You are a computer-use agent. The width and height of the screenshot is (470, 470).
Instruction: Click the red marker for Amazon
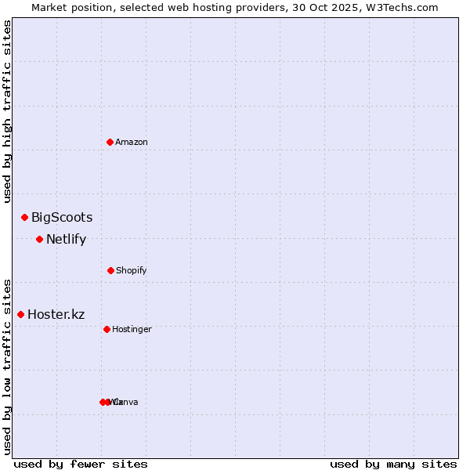(110, 142)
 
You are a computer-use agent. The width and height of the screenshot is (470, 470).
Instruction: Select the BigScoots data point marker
(24, 217)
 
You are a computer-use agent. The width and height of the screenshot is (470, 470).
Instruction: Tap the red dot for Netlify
(39, 239)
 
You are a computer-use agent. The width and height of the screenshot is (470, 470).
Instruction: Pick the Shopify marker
(110, 270)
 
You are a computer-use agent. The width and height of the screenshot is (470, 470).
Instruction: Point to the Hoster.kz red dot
(20, 314)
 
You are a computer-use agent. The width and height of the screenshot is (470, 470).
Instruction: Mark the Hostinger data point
(107, 329)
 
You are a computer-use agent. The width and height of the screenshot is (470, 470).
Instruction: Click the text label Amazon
(132, 142)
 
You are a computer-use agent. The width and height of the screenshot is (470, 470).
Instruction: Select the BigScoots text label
(62, 218)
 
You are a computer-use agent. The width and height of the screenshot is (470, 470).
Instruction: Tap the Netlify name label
(66, 240)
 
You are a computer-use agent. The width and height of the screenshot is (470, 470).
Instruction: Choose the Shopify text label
(132, 270)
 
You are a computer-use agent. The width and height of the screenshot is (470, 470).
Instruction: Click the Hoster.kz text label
(56, 315)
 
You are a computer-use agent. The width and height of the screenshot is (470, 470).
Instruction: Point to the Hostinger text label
(132, 329)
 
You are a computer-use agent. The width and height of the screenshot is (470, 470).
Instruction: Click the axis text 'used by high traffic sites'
(7, 110)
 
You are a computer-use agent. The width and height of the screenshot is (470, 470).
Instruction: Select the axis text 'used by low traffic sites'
(7, 367)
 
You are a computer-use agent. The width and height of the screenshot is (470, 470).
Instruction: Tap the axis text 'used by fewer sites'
(80, 464)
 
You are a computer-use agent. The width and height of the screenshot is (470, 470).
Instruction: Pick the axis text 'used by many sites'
(393, 464)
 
